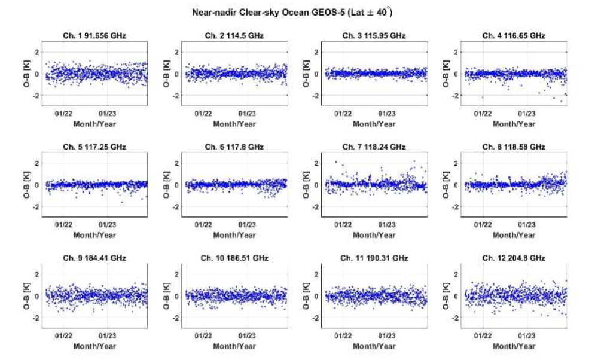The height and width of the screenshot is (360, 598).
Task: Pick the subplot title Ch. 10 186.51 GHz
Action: point(235,258)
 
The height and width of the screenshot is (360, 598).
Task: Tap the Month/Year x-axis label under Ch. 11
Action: point(374,346)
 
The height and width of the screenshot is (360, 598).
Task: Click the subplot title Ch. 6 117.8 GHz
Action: point(235,147)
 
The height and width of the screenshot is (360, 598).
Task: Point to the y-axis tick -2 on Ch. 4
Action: point(453,96)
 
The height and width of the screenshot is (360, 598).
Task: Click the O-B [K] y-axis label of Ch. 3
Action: point(307,74)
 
